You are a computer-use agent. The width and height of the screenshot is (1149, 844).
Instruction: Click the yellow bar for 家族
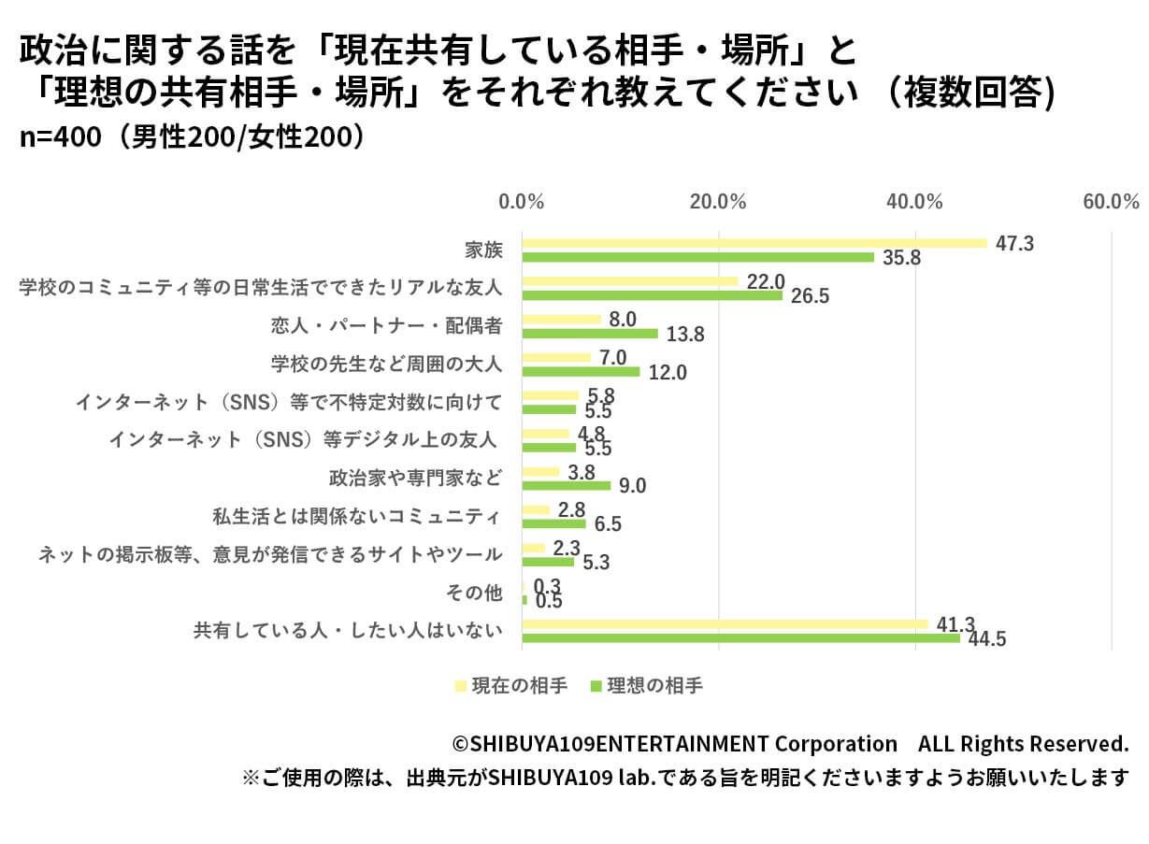click(x=754, y=243)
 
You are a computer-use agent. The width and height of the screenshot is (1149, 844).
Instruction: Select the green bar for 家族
click(x=697, y=257)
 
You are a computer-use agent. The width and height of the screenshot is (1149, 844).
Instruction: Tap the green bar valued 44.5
click(x=740, y=638)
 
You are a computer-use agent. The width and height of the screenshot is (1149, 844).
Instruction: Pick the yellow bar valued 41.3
click(x=725, y=624)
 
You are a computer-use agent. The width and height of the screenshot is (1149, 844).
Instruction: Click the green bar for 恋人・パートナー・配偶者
click(x=589, y=334)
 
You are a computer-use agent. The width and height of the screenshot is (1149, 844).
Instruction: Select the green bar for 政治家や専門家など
click(x=566, y=486)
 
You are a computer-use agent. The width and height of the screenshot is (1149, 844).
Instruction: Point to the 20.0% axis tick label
click(x=718, y=201)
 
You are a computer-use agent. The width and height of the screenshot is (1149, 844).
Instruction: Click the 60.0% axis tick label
click(x=1111, y=201)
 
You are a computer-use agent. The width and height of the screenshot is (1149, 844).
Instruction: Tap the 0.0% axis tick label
click(x=522, y=201)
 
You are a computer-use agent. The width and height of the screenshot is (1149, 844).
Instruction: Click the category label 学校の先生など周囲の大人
click(x=386, y=364)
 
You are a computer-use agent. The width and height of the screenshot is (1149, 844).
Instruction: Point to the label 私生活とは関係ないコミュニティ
click(x=358, y=516)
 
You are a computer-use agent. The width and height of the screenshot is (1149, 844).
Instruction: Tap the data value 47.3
click(x=1014, y=244)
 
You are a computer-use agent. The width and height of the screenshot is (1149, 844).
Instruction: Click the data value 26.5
click(x=811, y=296)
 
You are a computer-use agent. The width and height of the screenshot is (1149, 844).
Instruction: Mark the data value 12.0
click(x=668, y=373)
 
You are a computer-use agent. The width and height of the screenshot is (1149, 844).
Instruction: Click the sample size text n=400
click(x=60, y=136)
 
